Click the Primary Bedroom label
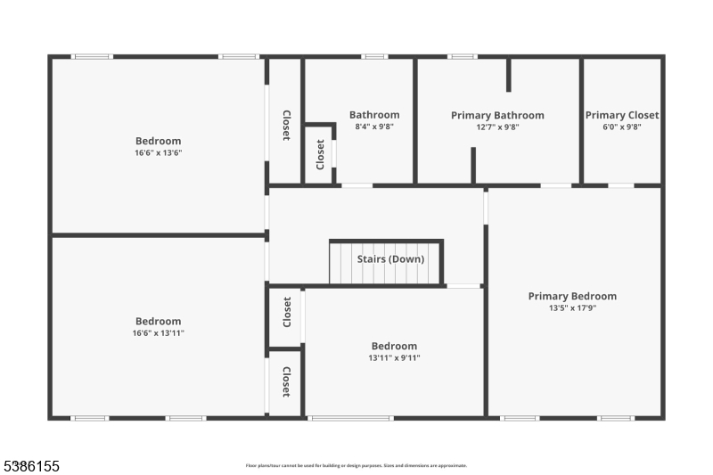coord(572,297)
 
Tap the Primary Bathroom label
coord(497,115)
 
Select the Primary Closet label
coord(622,115)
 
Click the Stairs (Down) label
coord(390,259)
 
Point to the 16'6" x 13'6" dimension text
coord(159,152)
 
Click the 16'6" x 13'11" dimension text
coord(159,333)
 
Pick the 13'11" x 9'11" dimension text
coord(394,358)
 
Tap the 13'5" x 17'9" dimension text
coord(572,308)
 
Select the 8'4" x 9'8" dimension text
coord(374,127)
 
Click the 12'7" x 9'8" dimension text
coord(497,127)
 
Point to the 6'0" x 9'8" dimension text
coord(622,127)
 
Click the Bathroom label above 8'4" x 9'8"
coord(374,115)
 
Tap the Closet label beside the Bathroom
coord(320,154)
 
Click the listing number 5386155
coord(31,465)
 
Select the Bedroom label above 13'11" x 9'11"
coord(394,347)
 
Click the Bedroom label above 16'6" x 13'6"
coord(159,141)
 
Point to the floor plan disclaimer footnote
coord(356,465)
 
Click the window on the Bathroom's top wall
coord(374,57)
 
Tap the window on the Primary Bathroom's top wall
coord(462,57)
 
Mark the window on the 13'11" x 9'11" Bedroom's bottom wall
coord(350,417)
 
